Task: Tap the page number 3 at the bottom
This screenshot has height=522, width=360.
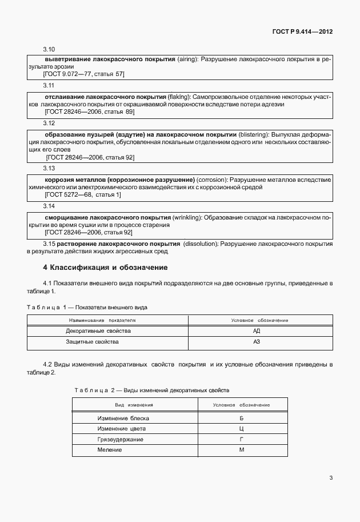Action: point(331,478)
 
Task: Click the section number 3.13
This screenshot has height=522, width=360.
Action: point(49,169)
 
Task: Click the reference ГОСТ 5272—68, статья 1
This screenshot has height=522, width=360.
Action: point(83,194)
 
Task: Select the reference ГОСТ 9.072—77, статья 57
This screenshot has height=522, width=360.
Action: point(85,74)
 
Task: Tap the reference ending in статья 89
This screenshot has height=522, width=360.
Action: point(89,112)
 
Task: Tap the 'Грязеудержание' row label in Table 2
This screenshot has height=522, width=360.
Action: point(120,439)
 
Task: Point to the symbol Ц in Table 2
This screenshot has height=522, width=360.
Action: point(241,428)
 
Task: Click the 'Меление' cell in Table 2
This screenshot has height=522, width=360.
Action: point(110,450)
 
